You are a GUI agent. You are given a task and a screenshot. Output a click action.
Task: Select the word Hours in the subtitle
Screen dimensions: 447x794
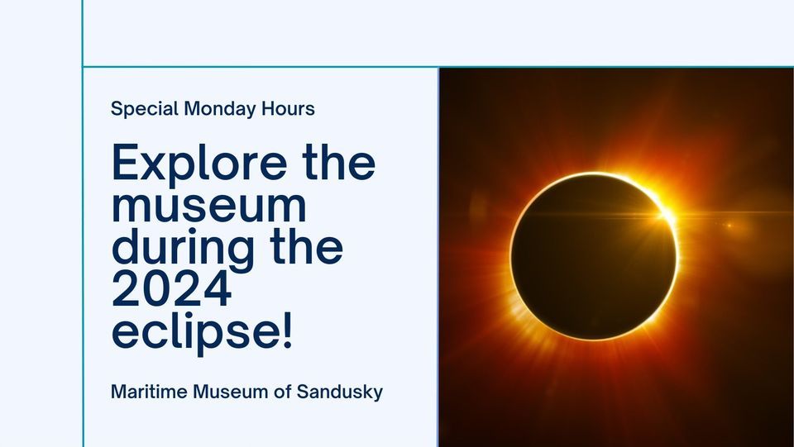point(287,108)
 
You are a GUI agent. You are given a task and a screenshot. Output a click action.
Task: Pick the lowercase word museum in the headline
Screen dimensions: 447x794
point(208,206)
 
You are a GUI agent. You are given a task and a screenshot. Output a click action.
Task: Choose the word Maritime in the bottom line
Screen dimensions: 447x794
point(148,392)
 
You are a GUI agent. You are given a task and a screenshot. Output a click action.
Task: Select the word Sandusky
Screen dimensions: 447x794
point(341,392)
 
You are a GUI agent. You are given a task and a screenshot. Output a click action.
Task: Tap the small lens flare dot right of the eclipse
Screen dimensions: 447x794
point(729,225)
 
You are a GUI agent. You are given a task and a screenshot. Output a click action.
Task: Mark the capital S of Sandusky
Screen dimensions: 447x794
point(304,392)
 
